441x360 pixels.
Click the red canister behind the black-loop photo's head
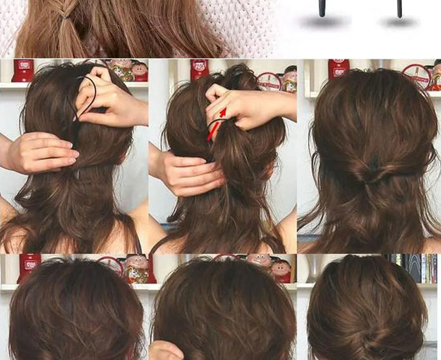23,70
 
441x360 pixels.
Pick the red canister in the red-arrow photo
199,69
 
